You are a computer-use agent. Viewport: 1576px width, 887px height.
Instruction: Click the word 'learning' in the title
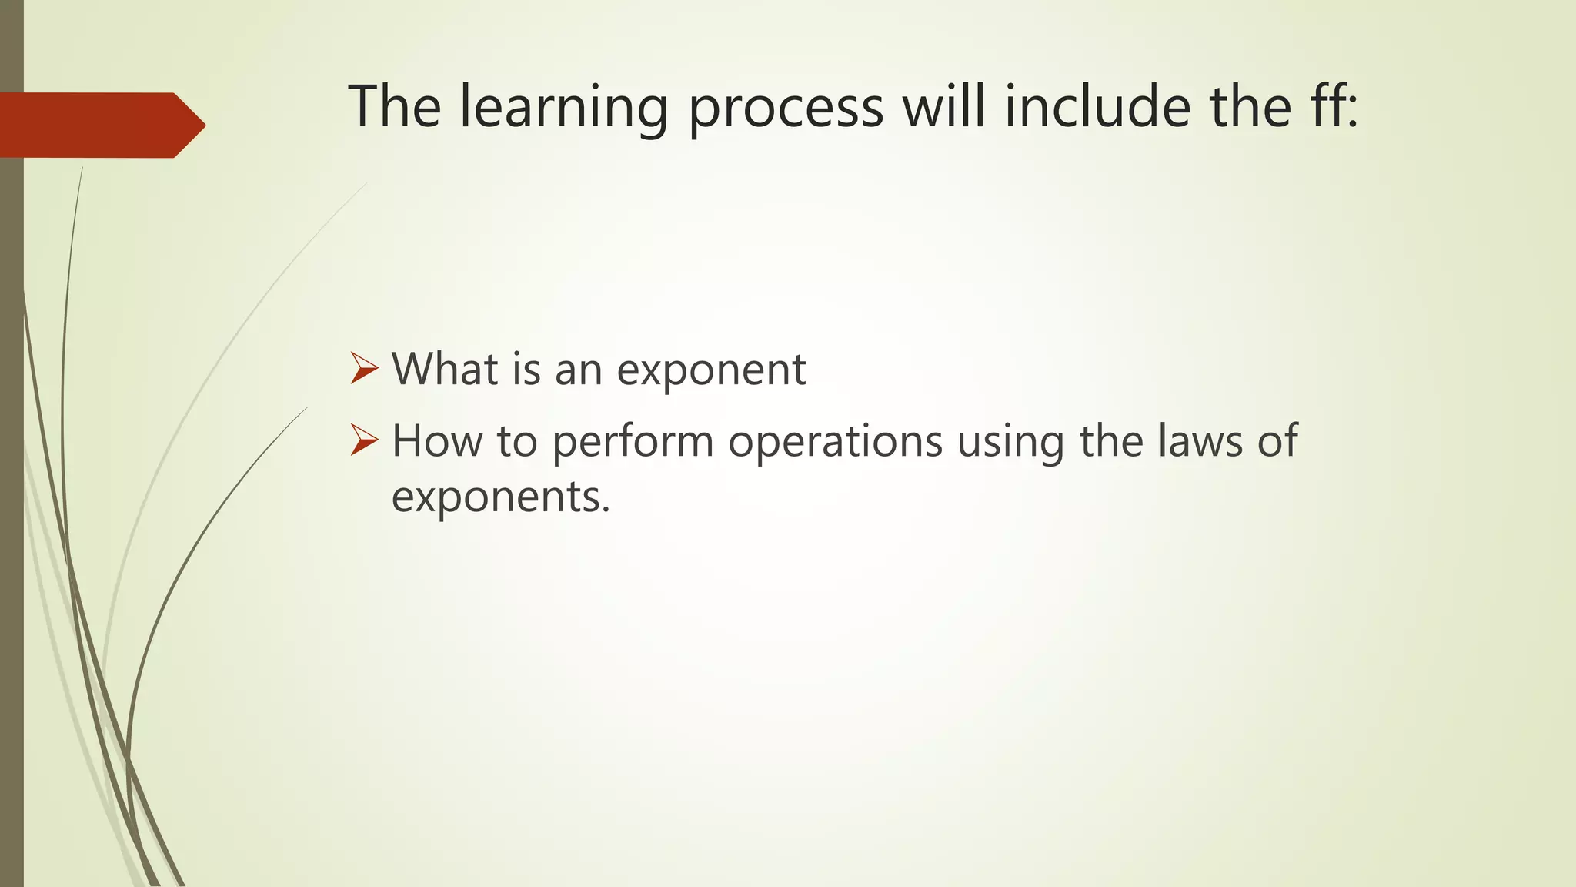(x=564, y=108)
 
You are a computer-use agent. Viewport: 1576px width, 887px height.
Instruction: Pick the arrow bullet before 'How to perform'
(x=364, y=440)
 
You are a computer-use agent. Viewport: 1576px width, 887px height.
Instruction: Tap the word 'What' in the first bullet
(x=444, y=369)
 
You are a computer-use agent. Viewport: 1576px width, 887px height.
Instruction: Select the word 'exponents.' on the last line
(x=500, y=497)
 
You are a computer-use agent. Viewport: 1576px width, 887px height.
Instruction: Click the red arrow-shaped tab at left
(x=100, y=125)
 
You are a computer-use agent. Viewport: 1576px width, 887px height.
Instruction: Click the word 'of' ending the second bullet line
(x=1277, y=441)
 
